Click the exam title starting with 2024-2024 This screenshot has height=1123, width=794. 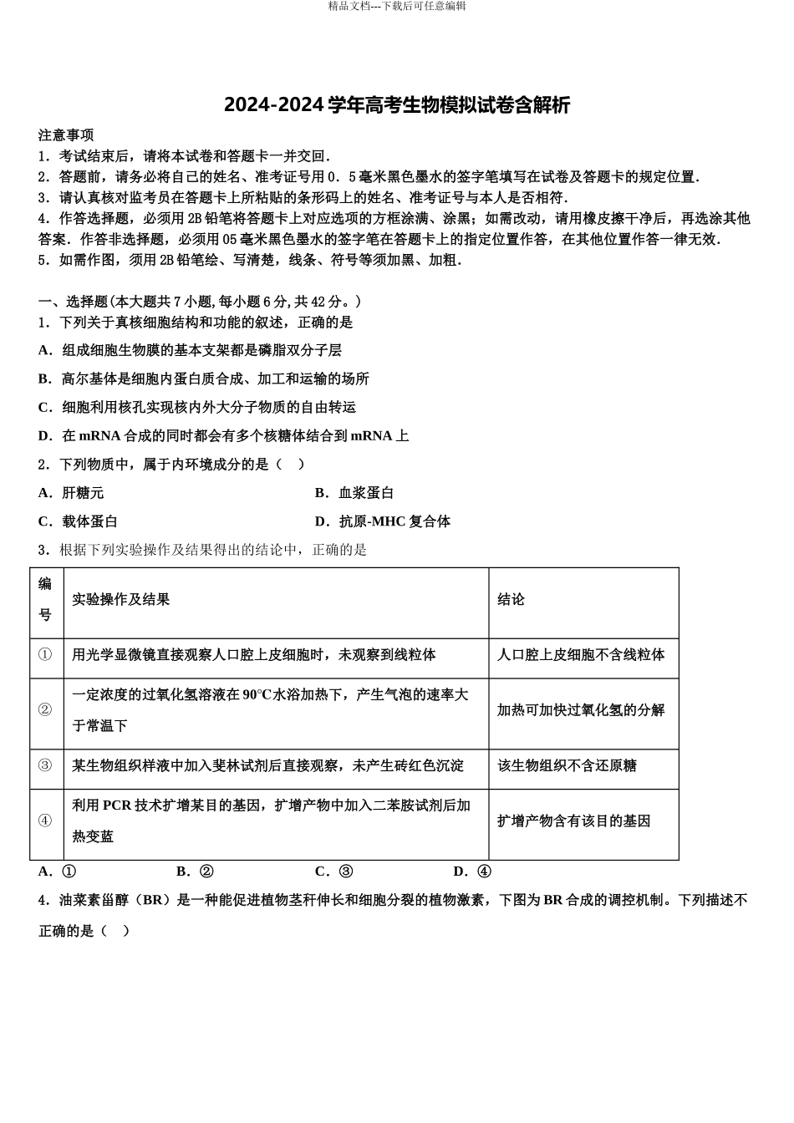click(397, 105)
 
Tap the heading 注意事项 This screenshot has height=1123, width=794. click(66, 135)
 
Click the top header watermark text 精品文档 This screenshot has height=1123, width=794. click(397, 7)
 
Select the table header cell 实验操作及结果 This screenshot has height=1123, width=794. click(121, 600)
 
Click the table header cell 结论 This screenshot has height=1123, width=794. click(511, 600)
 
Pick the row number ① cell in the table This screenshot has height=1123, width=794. click(45, 655)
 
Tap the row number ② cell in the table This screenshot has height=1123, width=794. click(45, 710)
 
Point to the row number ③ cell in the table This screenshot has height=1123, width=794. click(45, 765)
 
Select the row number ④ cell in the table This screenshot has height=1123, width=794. click(45, 821)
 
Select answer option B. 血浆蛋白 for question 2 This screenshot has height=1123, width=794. click(354, 493)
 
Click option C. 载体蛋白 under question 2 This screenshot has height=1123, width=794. click(78, 521)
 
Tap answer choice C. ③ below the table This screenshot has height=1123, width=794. click(334, 871)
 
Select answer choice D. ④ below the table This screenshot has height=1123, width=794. click(472, 871)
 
